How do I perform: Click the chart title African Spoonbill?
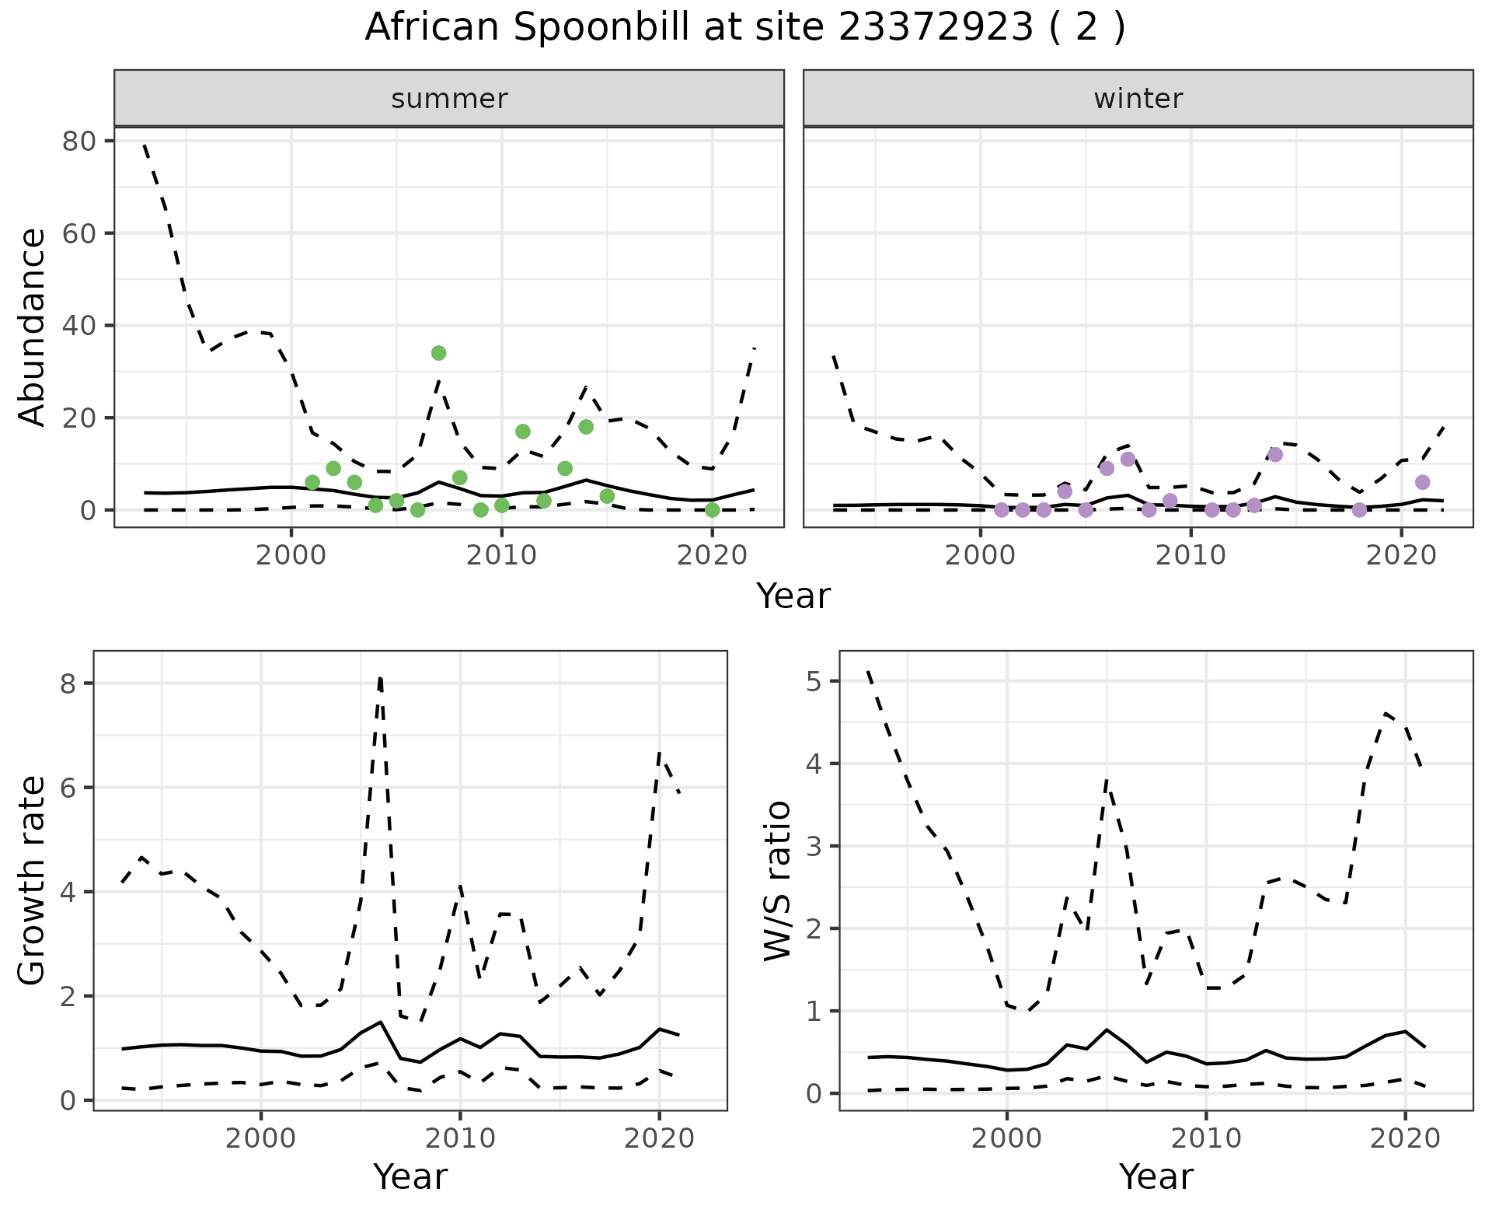(744, 29)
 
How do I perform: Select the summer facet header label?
(449, 99)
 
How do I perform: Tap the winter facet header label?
(1138, 99)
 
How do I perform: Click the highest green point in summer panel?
(438, 353)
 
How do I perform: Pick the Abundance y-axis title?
(33, 327)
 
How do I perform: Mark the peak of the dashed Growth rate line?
(380, 678)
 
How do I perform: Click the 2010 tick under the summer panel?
(501, 556)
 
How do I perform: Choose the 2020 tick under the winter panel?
(1400, 556)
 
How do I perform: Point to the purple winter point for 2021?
(1422, 482)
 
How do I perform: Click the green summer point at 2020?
(712, 509)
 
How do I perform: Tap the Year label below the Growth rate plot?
(410, 1177)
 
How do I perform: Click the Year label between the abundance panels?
(793, 597)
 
